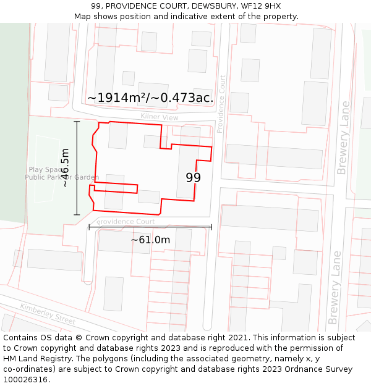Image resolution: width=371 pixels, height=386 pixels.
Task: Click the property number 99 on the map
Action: [x=194, y=178]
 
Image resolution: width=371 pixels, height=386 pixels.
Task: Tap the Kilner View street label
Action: [x=159, y=117]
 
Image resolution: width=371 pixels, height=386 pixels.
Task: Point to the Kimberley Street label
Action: [x=47, y=314]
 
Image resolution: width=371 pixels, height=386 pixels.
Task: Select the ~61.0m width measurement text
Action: [x=150, y=240]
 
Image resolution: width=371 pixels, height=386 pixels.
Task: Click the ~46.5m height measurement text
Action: [x=65, y=168]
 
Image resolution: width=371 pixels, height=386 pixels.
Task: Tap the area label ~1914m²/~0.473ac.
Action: [x=150, y=98]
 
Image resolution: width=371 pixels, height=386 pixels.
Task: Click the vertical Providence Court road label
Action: [x=221, y=104]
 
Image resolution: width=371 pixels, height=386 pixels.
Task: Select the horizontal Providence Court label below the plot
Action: [x=126, y=221]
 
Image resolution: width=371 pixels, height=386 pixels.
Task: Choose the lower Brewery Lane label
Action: [x=335, y=287]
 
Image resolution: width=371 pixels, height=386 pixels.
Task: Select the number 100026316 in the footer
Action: [x=26, y=380]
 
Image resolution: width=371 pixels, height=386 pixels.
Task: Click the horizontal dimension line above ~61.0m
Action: [x=150, y=227]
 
